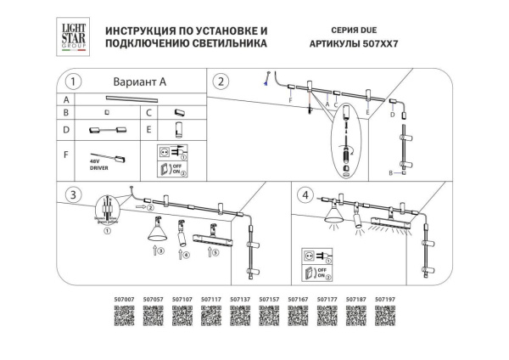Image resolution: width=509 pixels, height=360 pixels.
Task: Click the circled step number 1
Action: coord(74,82)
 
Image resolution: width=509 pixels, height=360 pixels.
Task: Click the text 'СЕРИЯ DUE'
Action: coord(314,30)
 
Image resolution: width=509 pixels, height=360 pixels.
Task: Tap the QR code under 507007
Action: coord(124,319)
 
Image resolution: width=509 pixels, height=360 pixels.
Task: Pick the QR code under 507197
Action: coord(385,319)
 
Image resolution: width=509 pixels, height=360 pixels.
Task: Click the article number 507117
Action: coord(211,299)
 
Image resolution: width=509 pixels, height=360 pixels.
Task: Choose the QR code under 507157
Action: coord(269,319)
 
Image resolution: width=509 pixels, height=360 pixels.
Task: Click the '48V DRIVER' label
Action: coord(98,163)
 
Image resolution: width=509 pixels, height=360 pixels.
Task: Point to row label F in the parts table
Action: coord(67,155)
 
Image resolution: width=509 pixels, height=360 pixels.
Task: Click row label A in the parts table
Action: coord(67,99)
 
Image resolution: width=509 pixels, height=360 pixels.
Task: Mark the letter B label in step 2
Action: coord(390,172)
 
